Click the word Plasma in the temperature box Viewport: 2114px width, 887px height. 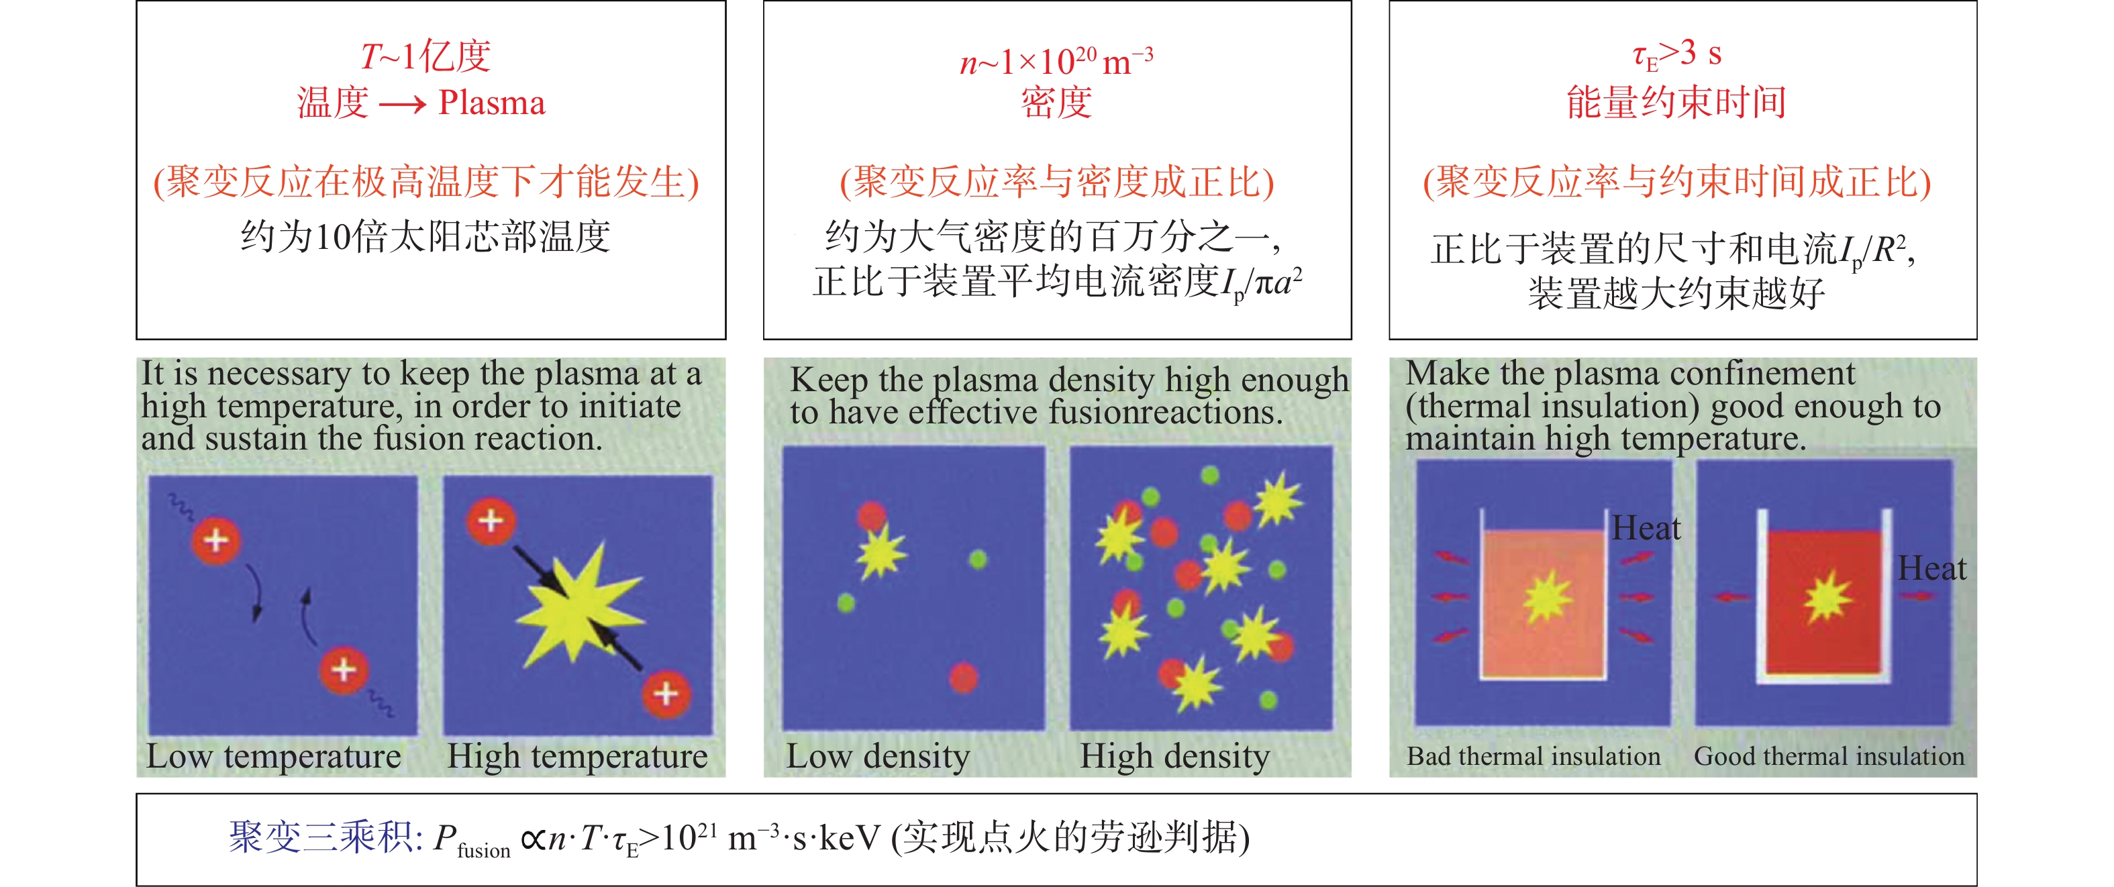[x=491, y=103]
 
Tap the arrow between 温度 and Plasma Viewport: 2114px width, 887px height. [x=403, y=104]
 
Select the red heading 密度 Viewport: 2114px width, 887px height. [x=1056, y=103]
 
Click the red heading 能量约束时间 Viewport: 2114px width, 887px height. [x=1676, y=103]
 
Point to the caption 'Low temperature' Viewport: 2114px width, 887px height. [x=273, y=755]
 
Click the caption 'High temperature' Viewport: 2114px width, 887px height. [x=577, y=755]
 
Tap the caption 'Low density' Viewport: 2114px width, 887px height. [x=878, y=755]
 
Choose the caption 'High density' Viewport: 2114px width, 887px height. [x=1174, y=755]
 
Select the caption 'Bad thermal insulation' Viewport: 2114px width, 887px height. [x=1533, y=755]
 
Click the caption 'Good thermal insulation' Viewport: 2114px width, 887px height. [x=1829, y=755]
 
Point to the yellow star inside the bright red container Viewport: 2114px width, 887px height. [x=1827, y=596]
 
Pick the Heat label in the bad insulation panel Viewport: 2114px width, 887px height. [x=1646, y=527]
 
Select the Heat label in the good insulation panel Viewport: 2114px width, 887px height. [x=1932, y=568]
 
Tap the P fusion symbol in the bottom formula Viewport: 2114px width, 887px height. [x=472, y=842]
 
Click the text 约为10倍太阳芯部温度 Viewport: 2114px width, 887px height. [x=425, y=236]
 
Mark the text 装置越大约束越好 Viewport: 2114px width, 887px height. [x=1676, y=293]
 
